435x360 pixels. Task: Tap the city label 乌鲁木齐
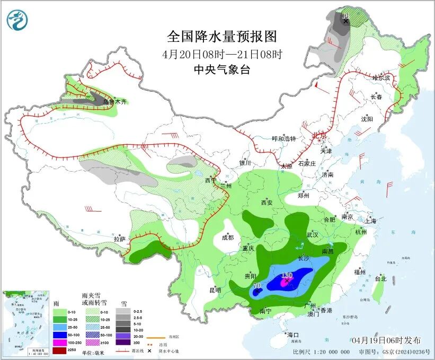115,102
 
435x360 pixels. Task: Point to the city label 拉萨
119,239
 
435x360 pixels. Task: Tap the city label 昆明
215,290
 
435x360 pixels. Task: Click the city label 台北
380,278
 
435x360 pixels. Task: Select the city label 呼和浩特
284,138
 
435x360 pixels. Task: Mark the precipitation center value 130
287,275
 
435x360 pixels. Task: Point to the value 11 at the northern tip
345,15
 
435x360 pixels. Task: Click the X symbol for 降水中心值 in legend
150,350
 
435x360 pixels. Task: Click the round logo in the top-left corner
17,20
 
